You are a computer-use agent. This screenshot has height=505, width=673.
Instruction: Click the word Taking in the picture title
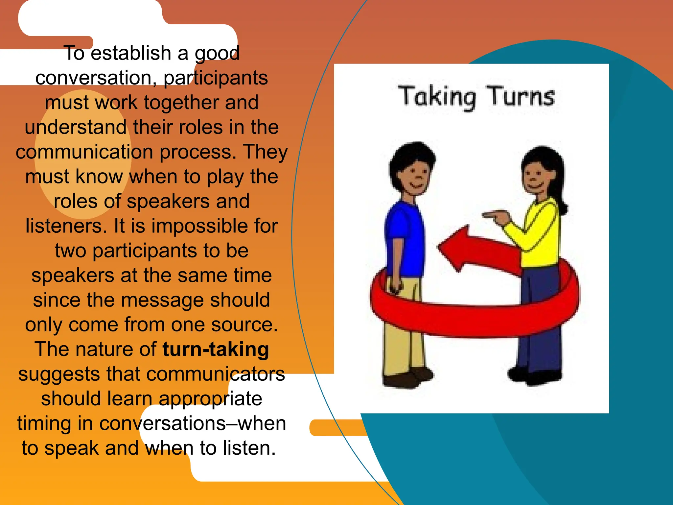437,97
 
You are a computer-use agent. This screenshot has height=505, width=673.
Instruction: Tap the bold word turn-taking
216,349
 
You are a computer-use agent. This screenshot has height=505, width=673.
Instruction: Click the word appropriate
210,399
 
